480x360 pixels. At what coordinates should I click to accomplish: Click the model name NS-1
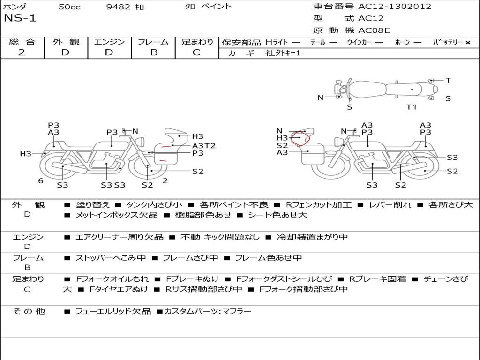click(20, 18)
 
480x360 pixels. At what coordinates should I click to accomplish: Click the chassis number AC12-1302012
click(395, 7)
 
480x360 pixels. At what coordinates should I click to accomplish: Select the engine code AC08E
click(374, 31)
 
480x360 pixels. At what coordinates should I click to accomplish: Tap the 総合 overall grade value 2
click(22, 52)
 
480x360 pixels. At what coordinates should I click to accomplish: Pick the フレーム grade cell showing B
click(153, 52)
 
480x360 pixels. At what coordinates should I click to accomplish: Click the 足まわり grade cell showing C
click(196, 52)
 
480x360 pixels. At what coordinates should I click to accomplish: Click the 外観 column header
click(66, 42)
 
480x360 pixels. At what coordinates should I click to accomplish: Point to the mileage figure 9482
click(119, 7)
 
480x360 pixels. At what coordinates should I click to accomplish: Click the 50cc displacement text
click(68, 7)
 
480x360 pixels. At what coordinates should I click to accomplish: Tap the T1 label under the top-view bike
click(411, 107)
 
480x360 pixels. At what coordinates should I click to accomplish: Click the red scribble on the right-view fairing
click(300, 139)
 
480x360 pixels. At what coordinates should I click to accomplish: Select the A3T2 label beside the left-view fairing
click(203, 146)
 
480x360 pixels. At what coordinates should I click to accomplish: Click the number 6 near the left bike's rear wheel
click(41, 181)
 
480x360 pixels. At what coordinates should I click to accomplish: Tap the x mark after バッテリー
click(467, 42)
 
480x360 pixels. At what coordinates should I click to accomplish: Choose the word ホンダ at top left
click(15, 7)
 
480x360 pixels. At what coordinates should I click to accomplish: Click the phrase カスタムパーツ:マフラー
click(208, 311)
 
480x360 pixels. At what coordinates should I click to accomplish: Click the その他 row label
click(29, 311)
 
